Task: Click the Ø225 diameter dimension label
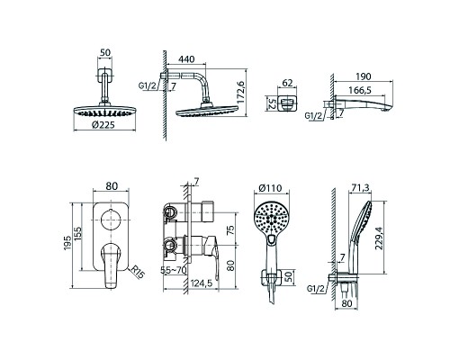coord(103,125)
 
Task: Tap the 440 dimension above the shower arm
coord(186,59)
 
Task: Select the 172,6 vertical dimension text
coord(241,92)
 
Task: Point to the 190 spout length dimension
coord(364,76)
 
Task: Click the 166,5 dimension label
coord(360,90)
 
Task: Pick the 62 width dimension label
coord(287,83)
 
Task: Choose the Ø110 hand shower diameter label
coord(270,188)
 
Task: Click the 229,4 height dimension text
coord(379,238)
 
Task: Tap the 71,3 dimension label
coord(359,188)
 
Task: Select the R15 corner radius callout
coord(138,273)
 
